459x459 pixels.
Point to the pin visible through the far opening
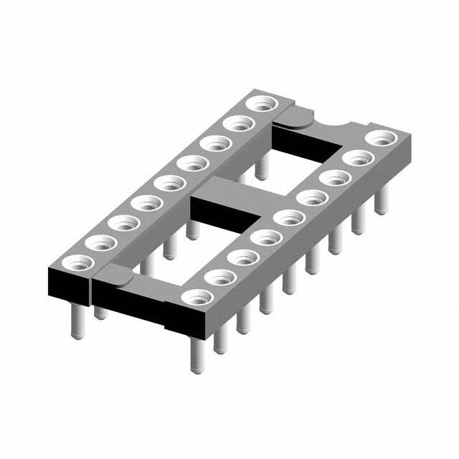[x=262, y=168]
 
